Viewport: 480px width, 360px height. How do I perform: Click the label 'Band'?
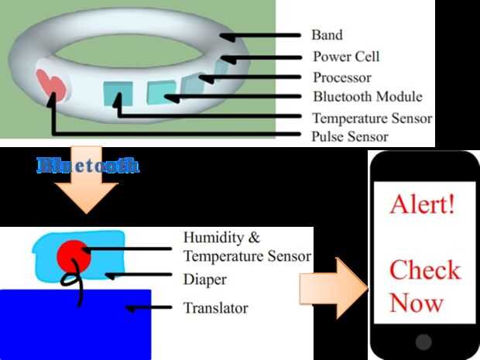(326, 36)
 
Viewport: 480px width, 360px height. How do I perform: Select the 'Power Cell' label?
(346, 57)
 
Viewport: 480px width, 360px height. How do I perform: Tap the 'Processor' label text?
(341, 77)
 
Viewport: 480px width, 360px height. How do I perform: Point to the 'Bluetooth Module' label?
(367, 98)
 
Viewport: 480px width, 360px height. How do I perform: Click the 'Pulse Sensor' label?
(350, 137)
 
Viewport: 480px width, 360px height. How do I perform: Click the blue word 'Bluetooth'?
(88, 164)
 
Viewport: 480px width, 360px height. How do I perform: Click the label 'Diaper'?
(205, 278)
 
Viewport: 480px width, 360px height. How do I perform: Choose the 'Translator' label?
(215, 308)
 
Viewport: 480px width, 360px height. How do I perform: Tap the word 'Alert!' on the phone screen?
(423, 206)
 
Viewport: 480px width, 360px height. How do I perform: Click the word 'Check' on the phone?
(424, 270)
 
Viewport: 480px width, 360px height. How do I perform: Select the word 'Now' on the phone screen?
(417, 303)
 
